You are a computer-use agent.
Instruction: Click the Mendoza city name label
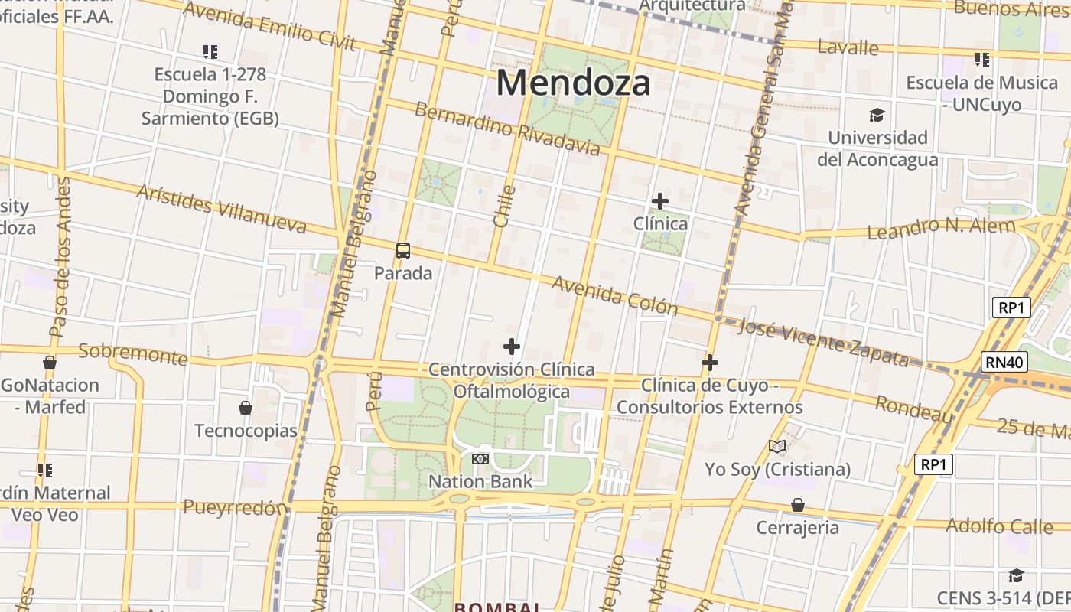[x=574, y=83]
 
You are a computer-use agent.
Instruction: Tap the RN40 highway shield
[x=1004, y=362]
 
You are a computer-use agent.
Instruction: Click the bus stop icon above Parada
[x=403, y=250]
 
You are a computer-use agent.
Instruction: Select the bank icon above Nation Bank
[x=480, y=458]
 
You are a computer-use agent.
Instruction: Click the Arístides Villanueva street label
[x=222, y=207]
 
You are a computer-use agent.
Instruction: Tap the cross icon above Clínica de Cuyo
[x=710, y=362]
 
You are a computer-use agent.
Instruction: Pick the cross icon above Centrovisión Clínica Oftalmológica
[x=512, y=347]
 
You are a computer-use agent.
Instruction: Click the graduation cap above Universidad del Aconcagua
[x=877, y=116]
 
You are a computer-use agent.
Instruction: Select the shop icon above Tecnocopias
[x=246, y=408]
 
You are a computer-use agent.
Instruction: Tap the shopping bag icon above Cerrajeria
[x=798, y=505]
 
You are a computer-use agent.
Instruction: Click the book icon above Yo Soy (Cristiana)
[x=777, y=446]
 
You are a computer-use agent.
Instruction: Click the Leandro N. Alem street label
[x=942, y=228]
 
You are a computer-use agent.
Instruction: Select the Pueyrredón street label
[x=235, y=507]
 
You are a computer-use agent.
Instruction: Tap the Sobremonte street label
[x=133, y=354]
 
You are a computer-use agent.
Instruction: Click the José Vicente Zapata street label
[x=823, y=342]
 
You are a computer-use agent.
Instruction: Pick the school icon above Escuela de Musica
[x=982, y=59]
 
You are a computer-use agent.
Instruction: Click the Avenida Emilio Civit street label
[x=269, y=25]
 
